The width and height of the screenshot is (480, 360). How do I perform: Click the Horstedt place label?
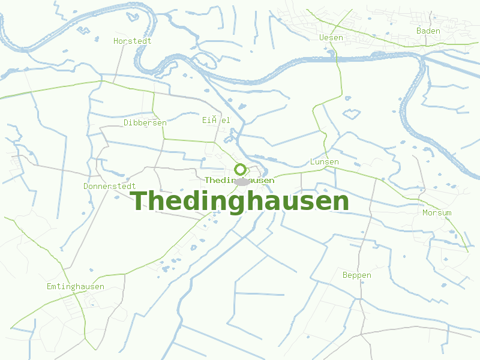(x=132, y=41)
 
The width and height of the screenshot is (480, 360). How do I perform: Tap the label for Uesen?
(x=331, y=38)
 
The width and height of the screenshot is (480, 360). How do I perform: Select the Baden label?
(x=428, y=31)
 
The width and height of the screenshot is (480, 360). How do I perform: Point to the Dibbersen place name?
(x=145, y=122)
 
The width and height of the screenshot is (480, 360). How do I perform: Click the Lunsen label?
(x=324, y=162)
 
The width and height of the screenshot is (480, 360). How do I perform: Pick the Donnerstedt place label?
(x=109, y=186)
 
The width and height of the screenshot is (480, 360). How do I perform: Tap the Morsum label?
(x=437, y=213)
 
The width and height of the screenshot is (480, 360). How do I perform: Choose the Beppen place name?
(x=356, y=275)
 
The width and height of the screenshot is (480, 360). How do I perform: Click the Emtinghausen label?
(x=75, y=287)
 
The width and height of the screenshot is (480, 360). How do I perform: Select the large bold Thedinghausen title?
(x=239, y=201)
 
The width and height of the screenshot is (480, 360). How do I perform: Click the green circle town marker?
(x=240, y=169)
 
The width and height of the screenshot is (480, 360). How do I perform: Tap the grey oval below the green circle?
(x=242, y=181)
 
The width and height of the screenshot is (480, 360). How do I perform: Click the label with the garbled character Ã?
(x=216, y=120)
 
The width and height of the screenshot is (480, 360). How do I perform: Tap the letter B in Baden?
(x=419, y=31)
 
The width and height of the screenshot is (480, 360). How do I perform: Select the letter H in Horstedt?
(x=116, y=41)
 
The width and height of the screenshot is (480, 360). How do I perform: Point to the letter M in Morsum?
(x=425, y=213)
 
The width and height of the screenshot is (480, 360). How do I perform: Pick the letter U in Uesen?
(x=322, y=38)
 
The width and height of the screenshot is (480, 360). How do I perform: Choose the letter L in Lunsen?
(x=313, y=162)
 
